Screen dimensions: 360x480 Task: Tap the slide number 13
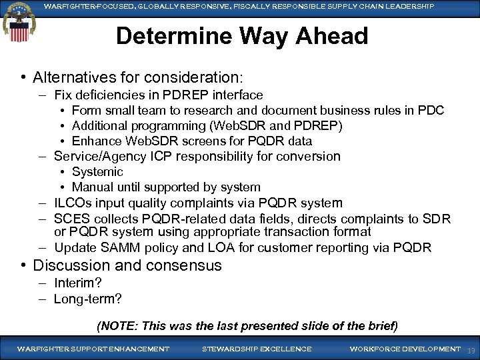coord(471,350)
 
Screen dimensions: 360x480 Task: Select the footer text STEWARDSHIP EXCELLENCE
coord(257,349)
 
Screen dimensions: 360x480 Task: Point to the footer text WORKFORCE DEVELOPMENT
coord(405,349)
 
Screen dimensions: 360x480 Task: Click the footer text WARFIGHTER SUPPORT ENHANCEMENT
coord(93,349)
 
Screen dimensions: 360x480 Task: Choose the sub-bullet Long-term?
coord(88,299)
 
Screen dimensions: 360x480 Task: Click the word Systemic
coord(97,172)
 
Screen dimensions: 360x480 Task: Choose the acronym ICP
coord(170,157)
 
